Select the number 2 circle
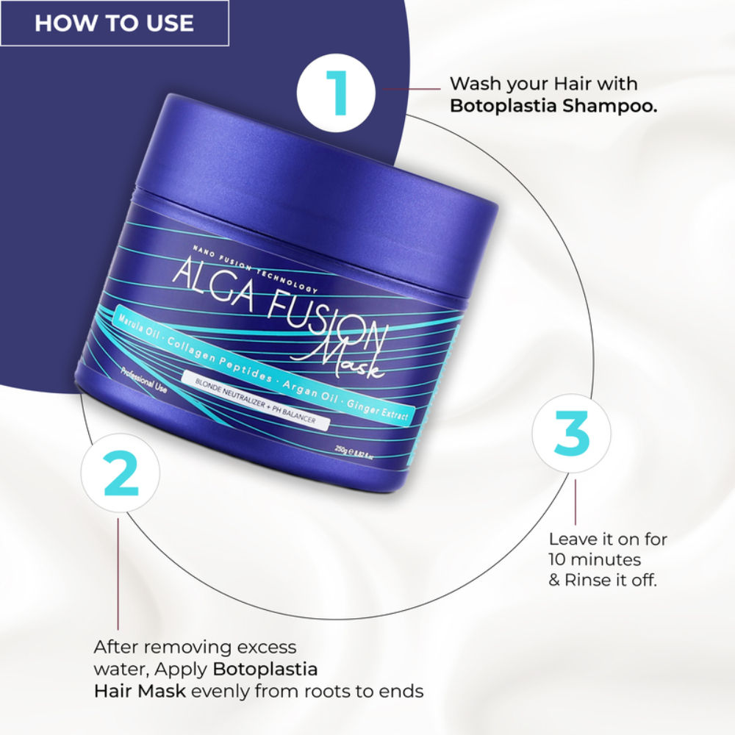click(121, 476)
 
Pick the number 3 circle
click(571, 434)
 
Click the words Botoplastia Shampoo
click(553, 106)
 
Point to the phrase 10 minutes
click(595, 559)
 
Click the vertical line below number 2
click(118, 573)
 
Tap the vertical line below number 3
click(575, 503)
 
